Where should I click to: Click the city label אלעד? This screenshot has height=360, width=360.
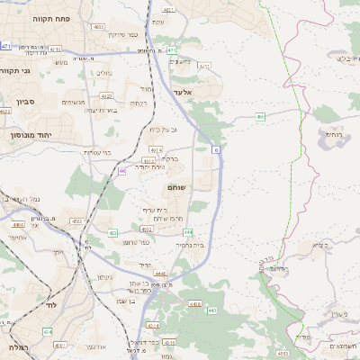pyautogui.click(x=183, y=92)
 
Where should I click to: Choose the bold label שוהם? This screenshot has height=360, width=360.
pyautogui.click(x=175, y=188)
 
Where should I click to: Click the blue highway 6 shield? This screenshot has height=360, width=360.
pyautogui.click(x=216, y=150)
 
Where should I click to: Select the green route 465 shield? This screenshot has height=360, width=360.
pyautogui.click(x=260, y=116)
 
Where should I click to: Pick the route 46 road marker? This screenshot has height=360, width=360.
pyautogui.click(x=122, y=171)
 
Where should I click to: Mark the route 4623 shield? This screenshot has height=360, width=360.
pyautogui.click(x=106, y=94)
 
